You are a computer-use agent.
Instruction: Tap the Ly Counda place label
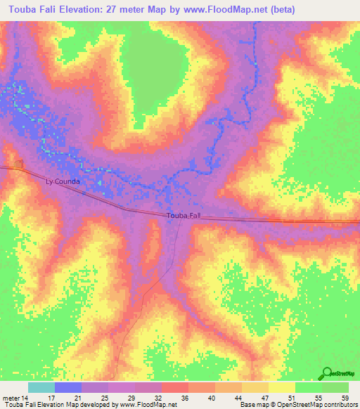tap(63, 181)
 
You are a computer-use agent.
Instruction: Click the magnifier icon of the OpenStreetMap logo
tap(326, 373)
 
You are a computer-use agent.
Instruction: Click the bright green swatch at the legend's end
tap(335, 387)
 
